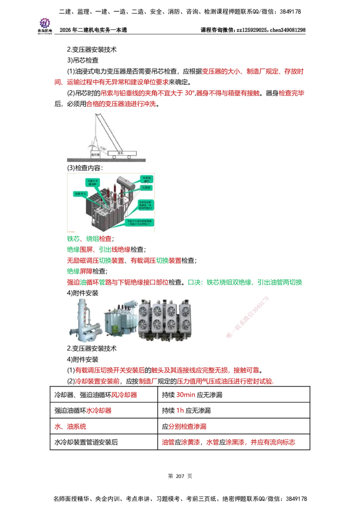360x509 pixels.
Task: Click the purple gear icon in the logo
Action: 45,22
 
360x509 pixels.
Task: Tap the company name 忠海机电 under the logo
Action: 45,32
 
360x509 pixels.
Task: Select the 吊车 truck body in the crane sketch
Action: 120,152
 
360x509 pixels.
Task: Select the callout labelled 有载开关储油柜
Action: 92,182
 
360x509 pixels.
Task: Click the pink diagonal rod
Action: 248,317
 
